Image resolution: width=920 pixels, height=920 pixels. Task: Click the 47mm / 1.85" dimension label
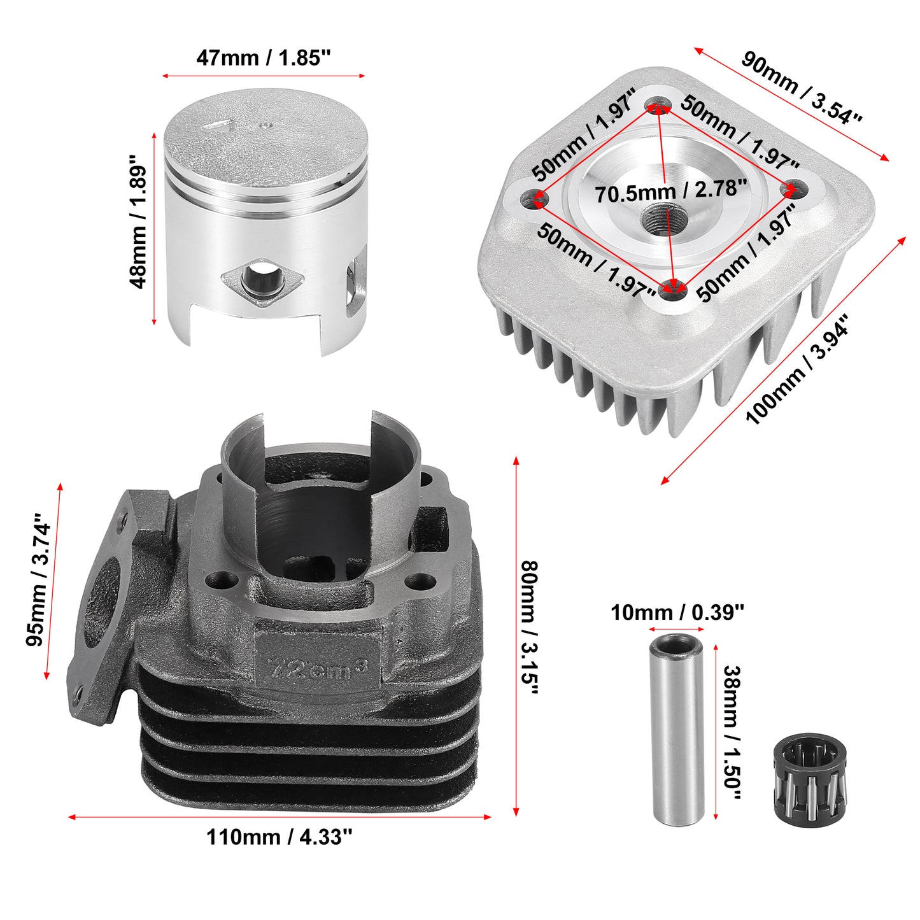(263, 58)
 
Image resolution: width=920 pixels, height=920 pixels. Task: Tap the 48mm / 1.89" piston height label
(138, 227)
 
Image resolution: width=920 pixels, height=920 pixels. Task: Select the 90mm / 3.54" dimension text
(802, 88)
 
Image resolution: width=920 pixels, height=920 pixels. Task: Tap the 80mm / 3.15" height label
(529, 635)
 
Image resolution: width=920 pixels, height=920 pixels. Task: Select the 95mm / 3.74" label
(38, 579)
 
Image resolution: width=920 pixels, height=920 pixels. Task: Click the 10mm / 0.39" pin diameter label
(677, 612)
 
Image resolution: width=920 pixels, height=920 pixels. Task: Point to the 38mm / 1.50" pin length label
(732, 733)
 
